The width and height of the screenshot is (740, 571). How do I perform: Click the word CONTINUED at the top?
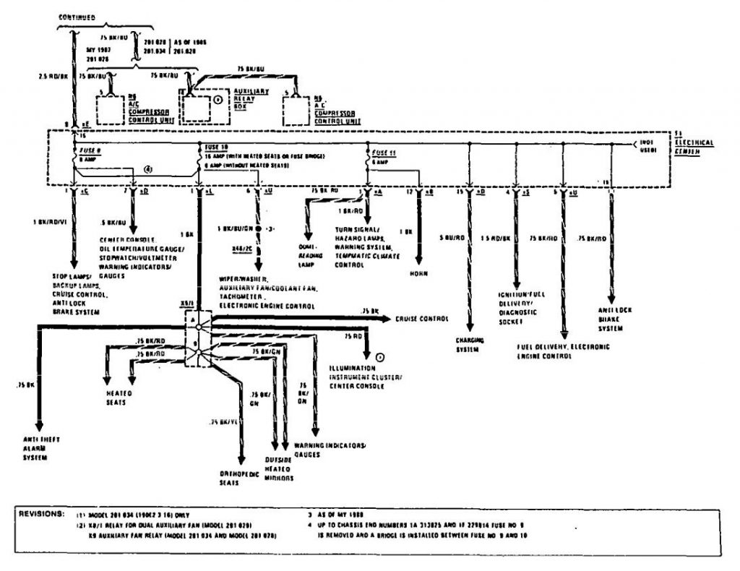pos(79,17)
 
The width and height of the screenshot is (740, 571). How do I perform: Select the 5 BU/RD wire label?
pos(452,236)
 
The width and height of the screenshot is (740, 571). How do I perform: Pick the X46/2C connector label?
pos(243,247)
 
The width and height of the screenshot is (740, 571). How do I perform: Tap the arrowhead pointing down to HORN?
pos(418,261)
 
